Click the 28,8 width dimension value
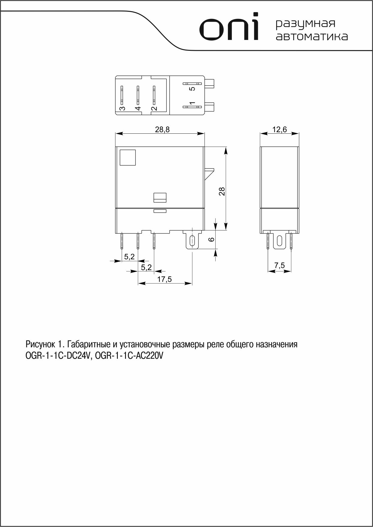click(x=162, y=129)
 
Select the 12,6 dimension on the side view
click(x=279, y=129)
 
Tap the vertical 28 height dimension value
click(x=222, y=191)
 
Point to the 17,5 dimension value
click(x=165, y=279)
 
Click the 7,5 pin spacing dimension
click(x=279, y=265)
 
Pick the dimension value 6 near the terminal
click(x=211, y=239)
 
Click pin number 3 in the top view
click(x=122, y=108)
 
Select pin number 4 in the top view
click(x=138, y=108)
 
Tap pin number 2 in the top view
click(x=154, y=108)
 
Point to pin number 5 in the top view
click(x=192, y=89)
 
